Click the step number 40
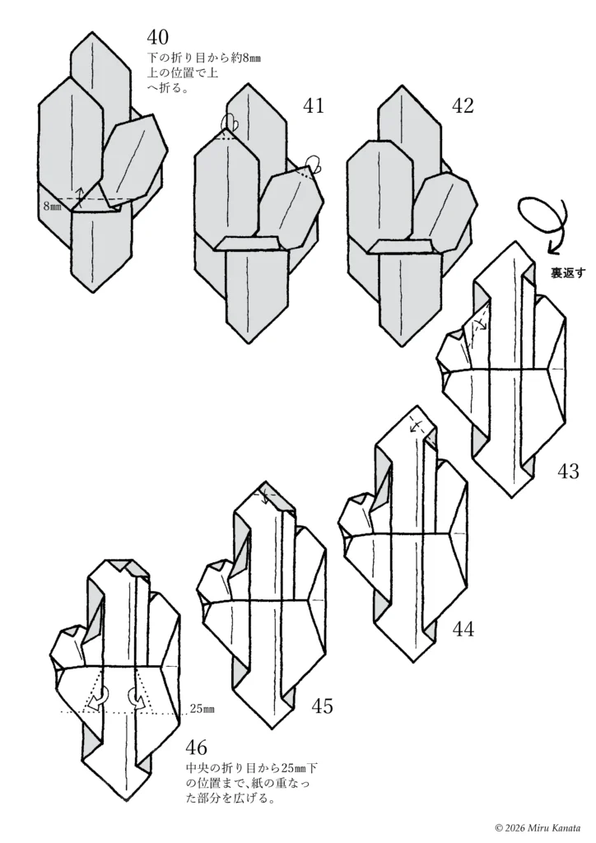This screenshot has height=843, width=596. click(157, 38)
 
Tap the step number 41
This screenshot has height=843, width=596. click(314, 106)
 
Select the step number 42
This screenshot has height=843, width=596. click(463, 106)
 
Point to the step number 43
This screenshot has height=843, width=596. click(568, 472)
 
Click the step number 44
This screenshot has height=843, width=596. click(463, 628)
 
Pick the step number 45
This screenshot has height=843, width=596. click(322, 706)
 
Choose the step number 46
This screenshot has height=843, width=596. click(196, 748)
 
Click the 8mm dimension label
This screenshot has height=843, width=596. click(53, 206)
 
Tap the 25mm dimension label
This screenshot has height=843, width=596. click(202, 709)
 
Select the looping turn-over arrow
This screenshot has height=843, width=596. click(542, 221)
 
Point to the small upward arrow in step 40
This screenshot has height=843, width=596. click(80, 197)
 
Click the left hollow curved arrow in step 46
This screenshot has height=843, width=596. click(98, 699)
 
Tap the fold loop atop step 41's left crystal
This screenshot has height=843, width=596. click(230, 122)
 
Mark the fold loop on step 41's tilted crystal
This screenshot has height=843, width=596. click(314, 165)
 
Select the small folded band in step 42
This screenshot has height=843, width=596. click(403, 247)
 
